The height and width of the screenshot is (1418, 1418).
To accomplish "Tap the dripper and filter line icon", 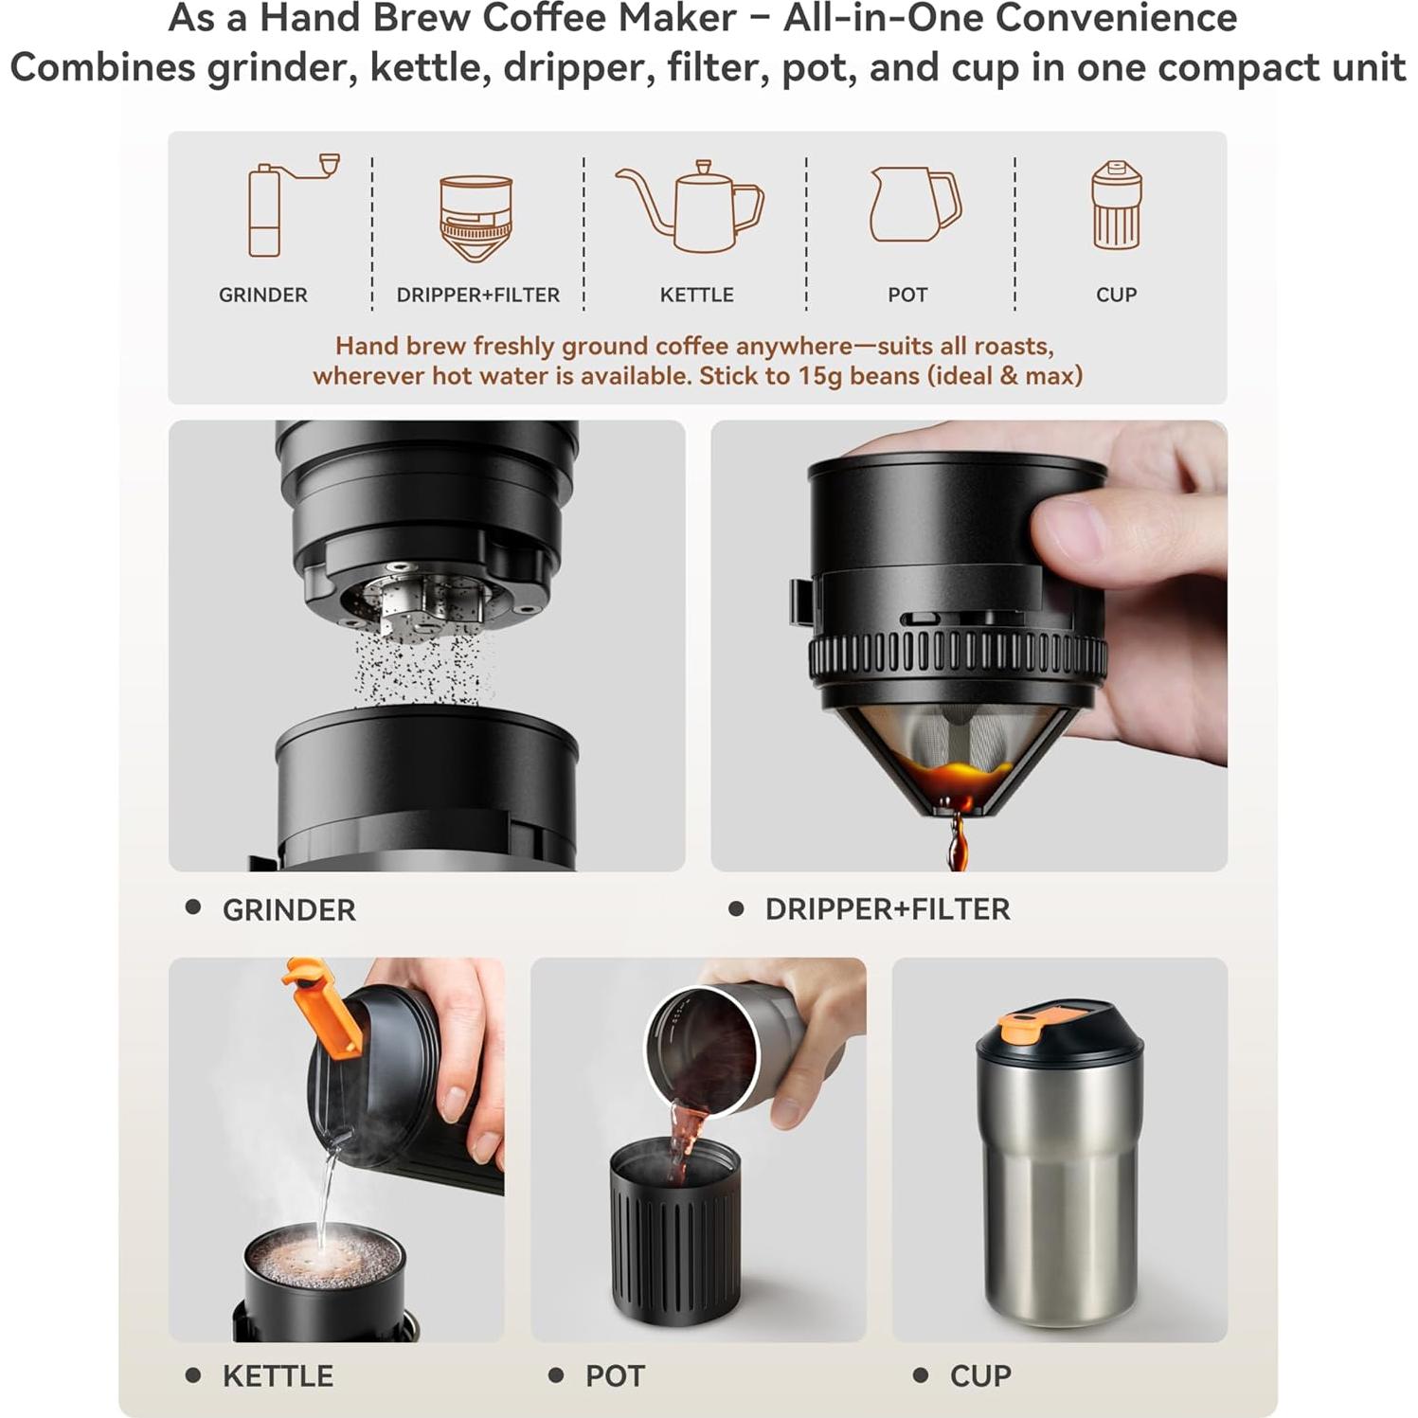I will [476, 218].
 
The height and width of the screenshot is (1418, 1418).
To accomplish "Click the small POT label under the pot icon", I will [906, 295].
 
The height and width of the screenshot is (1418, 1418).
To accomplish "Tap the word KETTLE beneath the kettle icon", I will [696, 295].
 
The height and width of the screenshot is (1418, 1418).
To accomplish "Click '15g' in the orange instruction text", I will [819, 376].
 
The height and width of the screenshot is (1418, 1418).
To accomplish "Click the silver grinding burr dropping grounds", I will [417, 602].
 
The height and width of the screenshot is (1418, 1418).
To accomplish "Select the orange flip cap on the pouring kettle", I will [322, 1009].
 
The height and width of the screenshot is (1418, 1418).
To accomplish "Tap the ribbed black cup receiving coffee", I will [674, 1231].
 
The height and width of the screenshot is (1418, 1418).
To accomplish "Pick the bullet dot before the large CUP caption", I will [920, 1374].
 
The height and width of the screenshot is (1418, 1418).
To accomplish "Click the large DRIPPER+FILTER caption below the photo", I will [887, 909].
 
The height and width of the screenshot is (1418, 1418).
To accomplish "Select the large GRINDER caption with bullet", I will [288, 910].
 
